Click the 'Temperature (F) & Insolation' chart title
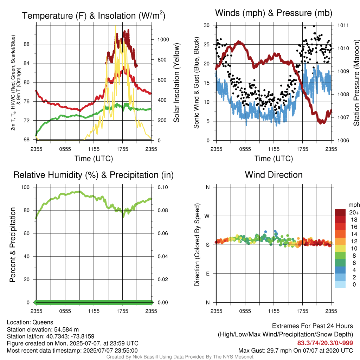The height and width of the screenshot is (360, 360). point(94,15)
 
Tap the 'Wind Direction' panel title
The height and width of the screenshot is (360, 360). point(274,175)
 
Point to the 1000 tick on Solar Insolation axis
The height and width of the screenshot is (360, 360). point(163,39)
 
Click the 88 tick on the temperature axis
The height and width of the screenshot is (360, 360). point(27,44)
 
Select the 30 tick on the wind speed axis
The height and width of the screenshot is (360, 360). point(207,25)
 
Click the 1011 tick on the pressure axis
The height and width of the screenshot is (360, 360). point(343,25)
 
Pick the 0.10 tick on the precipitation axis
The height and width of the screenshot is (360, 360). point(163,187)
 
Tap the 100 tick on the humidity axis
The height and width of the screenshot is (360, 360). point(25,187)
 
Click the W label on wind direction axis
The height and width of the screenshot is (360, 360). point(207,216)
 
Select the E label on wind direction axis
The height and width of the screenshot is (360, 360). point(208,274)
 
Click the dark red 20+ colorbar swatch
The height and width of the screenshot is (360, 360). point(340,212)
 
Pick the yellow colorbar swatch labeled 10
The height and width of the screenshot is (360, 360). point(340,249)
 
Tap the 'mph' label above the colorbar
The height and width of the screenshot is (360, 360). point(354,205)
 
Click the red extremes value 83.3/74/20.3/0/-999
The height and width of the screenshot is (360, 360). point(325,343)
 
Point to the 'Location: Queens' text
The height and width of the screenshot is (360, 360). point(30,322)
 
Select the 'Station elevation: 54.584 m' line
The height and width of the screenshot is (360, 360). point(43,329)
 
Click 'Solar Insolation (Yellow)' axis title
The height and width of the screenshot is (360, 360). point(176,83)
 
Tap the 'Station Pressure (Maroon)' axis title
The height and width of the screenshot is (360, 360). point(356,83)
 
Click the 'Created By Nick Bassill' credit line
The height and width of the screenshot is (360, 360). point(180,357)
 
